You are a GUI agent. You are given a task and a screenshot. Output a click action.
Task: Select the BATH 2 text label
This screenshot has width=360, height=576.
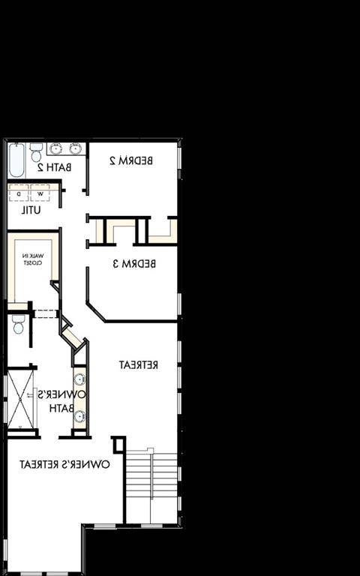pos(55,167)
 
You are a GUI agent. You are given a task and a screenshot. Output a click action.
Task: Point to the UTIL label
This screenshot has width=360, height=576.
pos(31,210)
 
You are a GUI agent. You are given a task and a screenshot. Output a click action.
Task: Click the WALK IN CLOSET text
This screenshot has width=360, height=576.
pos(33,259)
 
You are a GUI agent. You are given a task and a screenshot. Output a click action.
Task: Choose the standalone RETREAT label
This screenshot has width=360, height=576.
pos(139,364)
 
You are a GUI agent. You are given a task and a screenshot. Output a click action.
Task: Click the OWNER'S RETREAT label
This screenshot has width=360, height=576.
pos(64,464)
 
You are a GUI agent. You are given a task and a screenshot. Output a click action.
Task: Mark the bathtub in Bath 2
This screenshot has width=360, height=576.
pos(16,158)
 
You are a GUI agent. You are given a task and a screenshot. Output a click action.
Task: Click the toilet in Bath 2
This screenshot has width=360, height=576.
pos(36,152)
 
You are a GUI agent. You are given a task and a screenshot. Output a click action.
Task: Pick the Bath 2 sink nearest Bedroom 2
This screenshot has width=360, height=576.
pos(74,148)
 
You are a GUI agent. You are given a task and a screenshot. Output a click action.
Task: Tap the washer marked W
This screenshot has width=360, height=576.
pos(40,193)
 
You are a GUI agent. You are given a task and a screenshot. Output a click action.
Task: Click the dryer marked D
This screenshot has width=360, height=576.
pos(19,193)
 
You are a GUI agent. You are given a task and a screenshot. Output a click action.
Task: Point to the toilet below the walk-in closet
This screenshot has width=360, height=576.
pos(18,324)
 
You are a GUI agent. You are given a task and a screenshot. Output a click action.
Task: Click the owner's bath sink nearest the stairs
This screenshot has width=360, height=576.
pos(79,417)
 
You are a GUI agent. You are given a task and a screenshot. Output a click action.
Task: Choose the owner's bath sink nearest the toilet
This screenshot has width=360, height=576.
pos(79,379)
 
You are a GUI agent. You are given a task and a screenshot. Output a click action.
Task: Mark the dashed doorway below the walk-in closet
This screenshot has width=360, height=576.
pos(45,314)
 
